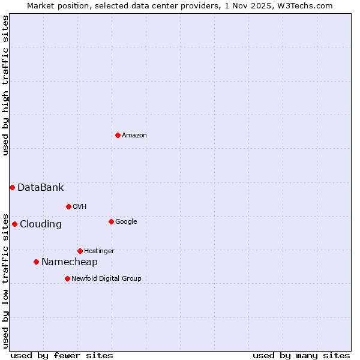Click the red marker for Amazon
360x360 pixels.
point(118,135)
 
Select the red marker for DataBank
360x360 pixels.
point(12,187)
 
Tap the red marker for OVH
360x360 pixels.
point(68,206)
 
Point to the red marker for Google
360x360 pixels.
point(111,221)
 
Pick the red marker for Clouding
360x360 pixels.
point(14,224)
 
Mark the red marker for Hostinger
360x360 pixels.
point(80,251)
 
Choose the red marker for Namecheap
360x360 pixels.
point(36,262)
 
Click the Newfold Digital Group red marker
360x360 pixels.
point(67,278)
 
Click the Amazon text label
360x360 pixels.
point(134,136)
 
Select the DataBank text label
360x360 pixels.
point(40,188)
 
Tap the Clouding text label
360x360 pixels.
point(40,224)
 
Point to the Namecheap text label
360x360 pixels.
point(69,262)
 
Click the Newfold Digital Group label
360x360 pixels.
point(106,278)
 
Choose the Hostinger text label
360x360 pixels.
point(99,251)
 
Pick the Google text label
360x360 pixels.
point(126,221)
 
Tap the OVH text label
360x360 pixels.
point(79,206)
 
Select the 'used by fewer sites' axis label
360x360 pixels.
point(62,355)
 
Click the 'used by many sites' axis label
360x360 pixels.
point(301,355)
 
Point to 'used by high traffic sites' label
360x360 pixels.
point(5,85)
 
